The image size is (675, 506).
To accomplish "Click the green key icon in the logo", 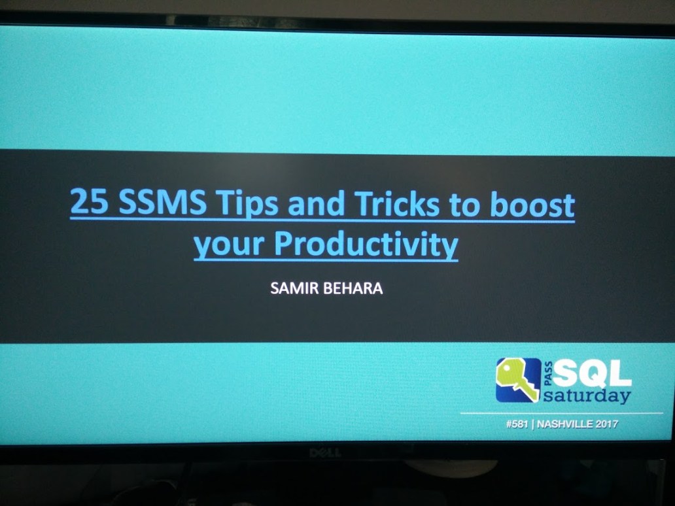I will click(x=518, y=379).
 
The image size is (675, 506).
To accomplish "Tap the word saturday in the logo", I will click(x=587, y=396).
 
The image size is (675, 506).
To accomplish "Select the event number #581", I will click(x=517, y=424).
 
